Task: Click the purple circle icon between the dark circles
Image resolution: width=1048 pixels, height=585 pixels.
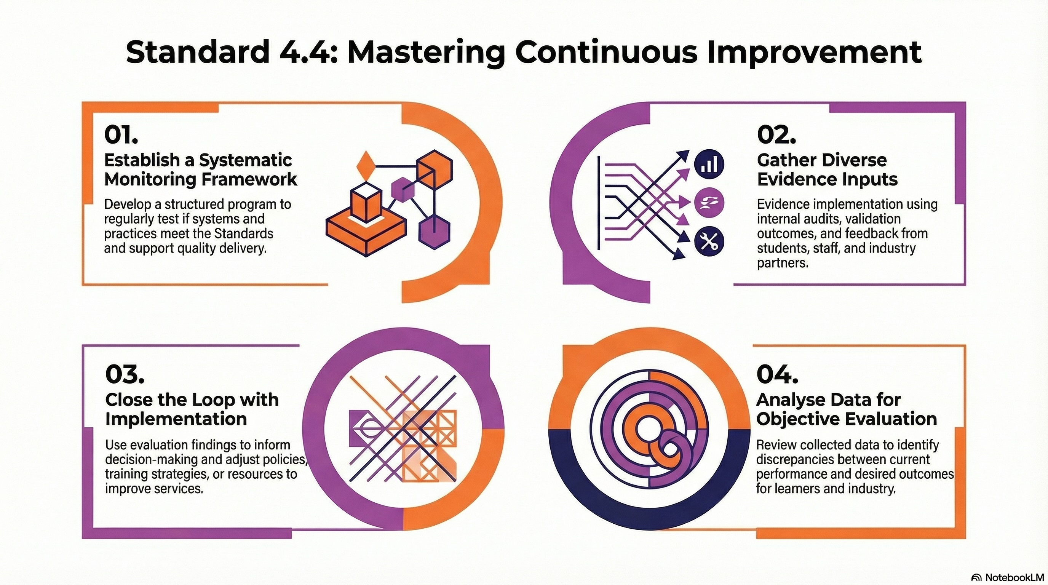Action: coord(709,202)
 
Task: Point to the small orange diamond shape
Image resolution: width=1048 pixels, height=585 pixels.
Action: coord(364,165)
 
